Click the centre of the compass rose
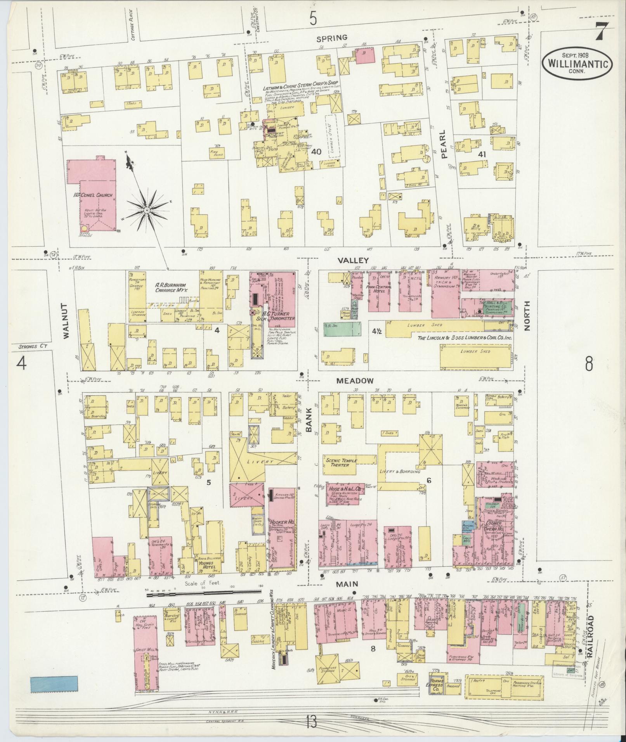147,210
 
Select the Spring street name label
331,38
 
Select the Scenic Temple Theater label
342,463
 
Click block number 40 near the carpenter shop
316,152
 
